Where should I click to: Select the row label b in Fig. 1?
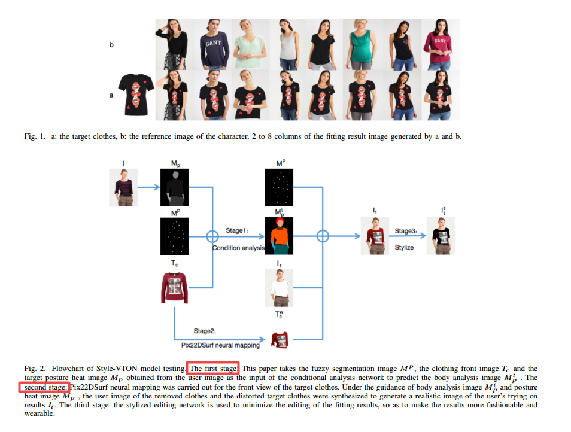point(111,45)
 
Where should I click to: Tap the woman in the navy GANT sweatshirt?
point(212,44)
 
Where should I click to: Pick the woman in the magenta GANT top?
point(440,44)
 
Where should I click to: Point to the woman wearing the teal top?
point(360,44)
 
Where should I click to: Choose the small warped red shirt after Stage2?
point(279,340)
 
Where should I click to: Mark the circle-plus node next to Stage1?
point(211,236)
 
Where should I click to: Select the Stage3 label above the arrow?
point(405,230)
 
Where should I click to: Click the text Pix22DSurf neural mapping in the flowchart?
point(220,345)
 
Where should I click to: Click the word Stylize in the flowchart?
point(404,247)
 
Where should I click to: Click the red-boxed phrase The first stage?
point(213,369)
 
